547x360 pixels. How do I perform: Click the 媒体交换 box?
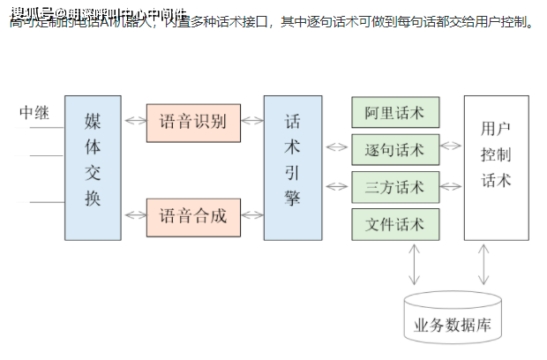pos(93,167)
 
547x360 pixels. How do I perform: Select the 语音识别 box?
pos(193,120)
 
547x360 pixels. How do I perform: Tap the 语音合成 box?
pos(193,215)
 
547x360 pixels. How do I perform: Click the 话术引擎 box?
pos(293,167)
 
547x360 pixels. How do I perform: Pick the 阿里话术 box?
pos(395,112)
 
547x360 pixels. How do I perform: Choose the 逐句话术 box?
pos(395,149)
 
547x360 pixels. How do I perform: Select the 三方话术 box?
pos(395,186)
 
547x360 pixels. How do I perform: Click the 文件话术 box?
pos(395,223)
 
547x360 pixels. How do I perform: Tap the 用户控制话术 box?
pos(496,167)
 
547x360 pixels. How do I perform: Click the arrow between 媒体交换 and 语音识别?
pos(134,120)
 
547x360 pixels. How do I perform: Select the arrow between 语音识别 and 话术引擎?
pos(252,120)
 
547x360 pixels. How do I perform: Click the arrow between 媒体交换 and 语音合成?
pos(134,215)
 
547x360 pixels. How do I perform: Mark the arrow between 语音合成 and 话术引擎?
pos(252,215)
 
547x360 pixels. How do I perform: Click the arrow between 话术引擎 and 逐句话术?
pos(337,149)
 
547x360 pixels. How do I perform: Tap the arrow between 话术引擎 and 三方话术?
pos(337,186)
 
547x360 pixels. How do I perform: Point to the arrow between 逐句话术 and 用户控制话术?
pos(452,149)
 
